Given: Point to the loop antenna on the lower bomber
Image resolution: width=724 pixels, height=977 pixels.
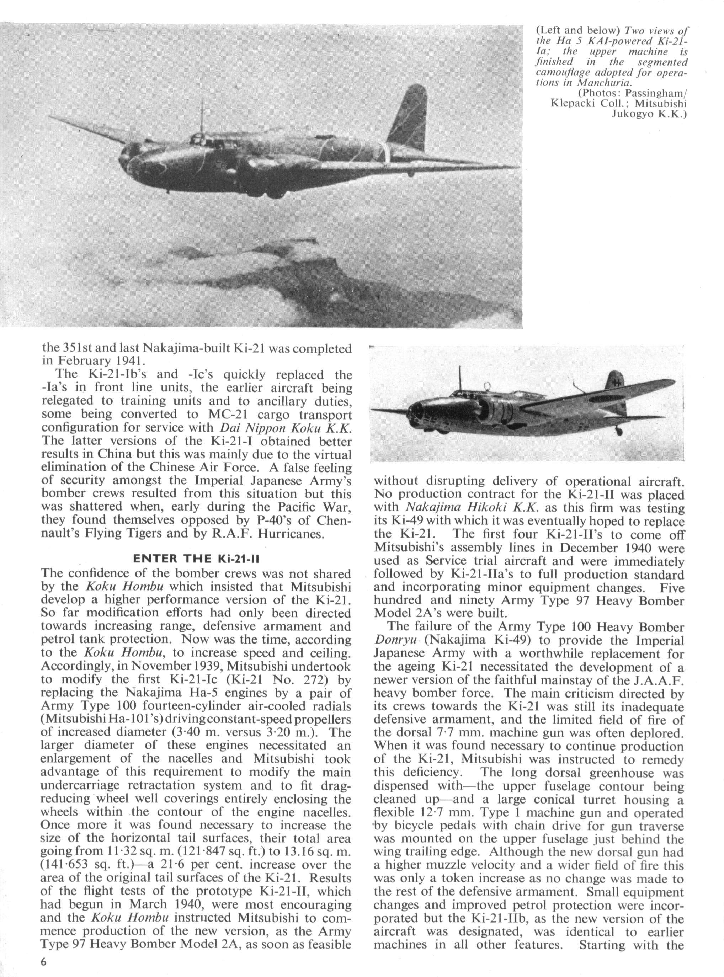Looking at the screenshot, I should pyautogui.click(x=486, y=385).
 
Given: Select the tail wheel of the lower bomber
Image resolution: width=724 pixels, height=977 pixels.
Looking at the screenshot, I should pyautogui.click(x=619, y=432).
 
